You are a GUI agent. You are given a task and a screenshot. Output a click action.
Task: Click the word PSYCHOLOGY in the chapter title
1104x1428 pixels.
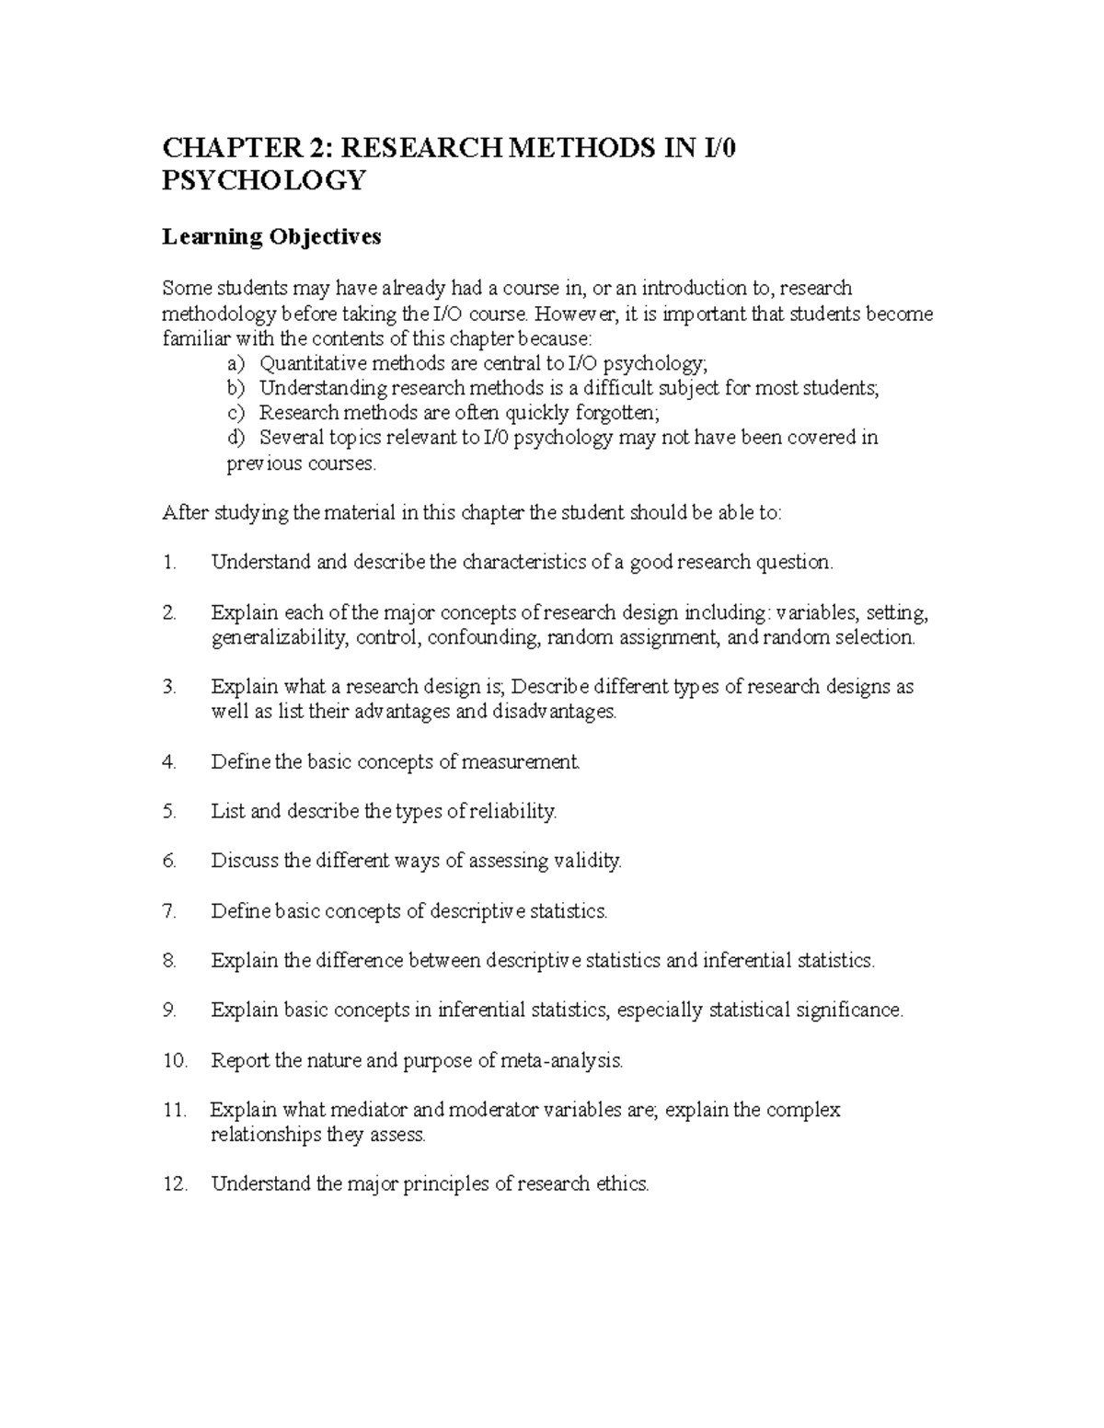[264, 180]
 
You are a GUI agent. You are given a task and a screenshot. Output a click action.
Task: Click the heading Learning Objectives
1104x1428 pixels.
[271, 237]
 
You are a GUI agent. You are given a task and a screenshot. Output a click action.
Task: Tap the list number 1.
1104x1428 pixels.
[169, 563]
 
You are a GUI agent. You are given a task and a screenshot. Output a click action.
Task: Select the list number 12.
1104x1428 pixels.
[175, 1184]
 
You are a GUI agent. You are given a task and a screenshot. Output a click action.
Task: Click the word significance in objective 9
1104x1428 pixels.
[846, 1011]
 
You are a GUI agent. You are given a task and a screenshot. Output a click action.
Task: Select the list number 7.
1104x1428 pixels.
[168, 911]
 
